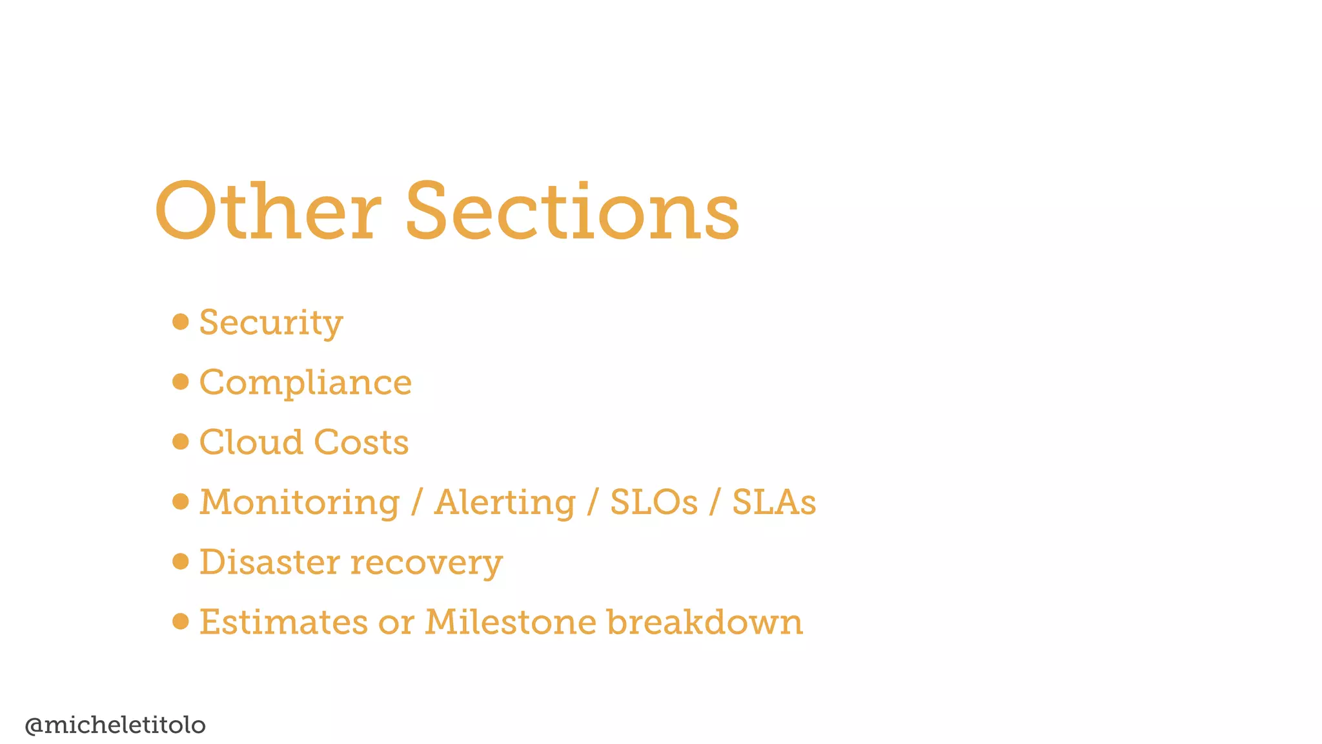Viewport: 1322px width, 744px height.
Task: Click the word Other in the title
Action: click(267, 212)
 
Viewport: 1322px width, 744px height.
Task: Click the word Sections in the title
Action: click(572, 212)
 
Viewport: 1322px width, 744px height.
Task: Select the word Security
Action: click(271, 322)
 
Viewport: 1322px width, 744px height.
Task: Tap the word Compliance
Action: click(305, 382)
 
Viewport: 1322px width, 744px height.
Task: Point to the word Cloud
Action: click(251, 442)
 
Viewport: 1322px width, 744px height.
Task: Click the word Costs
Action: click(361, 442)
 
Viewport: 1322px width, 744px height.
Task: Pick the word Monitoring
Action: click(300, 502)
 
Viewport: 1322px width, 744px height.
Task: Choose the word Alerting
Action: click(505, 502)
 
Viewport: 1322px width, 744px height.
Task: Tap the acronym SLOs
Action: click(654, 502)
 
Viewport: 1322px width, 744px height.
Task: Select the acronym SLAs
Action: click(774, 502)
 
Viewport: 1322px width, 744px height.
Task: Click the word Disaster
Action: click(269, 562)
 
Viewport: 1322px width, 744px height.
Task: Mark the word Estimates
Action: click(283, 622)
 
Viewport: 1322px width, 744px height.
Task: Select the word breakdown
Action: click(704, 622)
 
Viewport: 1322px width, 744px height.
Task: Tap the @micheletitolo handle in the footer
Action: click(115, 725)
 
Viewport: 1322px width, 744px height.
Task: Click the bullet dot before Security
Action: click(181, 322)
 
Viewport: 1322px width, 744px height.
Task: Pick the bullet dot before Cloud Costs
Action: click(181, 442)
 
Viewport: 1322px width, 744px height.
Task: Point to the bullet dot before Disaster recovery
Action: click(181, 561)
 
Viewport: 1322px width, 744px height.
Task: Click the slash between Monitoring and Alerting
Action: click(417, 502)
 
